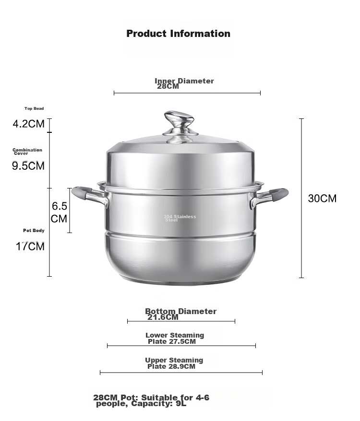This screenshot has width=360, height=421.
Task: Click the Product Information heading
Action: [178, 34]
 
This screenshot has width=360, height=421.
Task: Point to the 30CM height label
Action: [322, 199]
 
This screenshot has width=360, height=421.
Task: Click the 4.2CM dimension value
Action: [28, 124]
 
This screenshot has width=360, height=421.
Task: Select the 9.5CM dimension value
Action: [28, 165]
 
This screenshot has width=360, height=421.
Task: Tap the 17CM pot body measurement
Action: [30, 246]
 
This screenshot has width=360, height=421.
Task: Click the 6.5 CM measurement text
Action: [59, 212]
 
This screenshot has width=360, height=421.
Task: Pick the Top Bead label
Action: [34, 108]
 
